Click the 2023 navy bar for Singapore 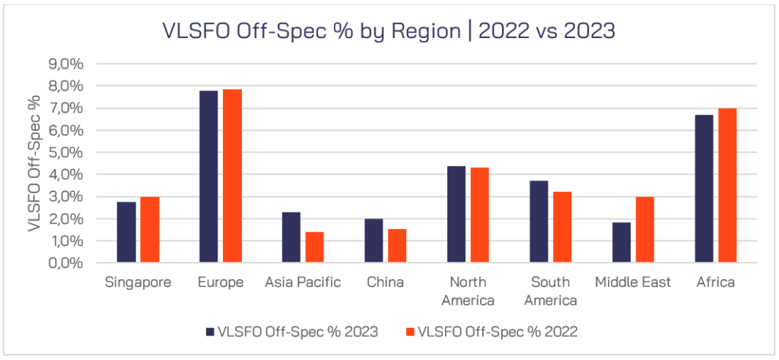point(126,232)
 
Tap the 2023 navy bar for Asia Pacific point(291,237)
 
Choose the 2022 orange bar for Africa point(727,186)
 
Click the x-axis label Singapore point(138,282)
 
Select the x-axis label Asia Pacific point(303,282)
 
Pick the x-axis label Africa point(715,282)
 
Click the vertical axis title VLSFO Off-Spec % point(34,164)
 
